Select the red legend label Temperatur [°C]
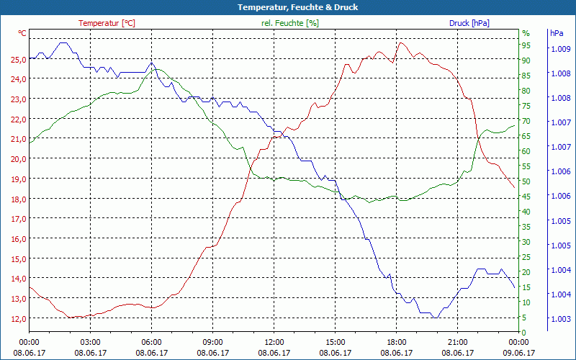click(107, 23)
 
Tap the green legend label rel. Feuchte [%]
click(290, 23)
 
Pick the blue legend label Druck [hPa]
click(469, 23)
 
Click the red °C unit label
click(22, 33)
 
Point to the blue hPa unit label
click(557, 33)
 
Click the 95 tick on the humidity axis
click(526, 45)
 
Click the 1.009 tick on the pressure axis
click(561, 49)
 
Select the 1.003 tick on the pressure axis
click(561, 318)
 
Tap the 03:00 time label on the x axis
click(90, 342)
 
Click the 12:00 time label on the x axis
click(274, 342)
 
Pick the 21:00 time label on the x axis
click(458, 342)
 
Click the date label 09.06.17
click(519, 353)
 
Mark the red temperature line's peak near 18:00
click(400, 42)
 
